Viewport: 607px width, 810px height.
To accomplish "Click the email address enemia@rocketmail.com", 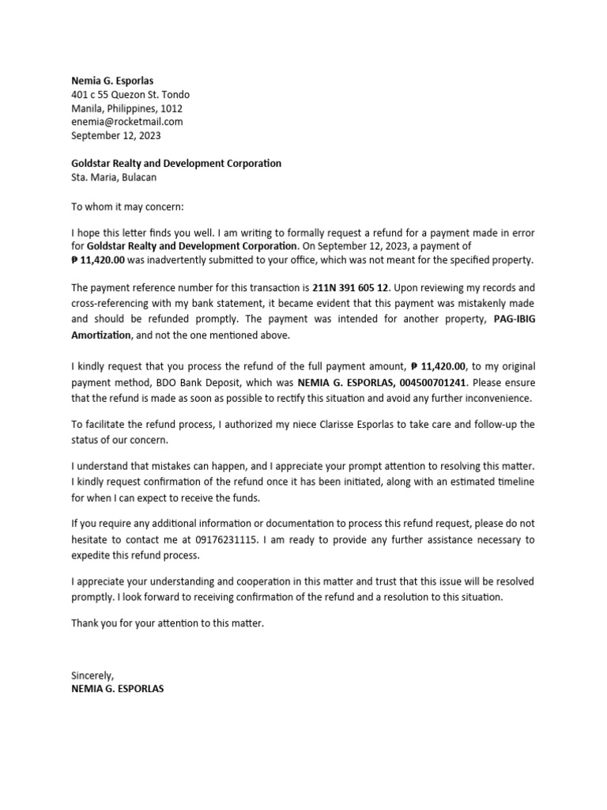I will [127, 122].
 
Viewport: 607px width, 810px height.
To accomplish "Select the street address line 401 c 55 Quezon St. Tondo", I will [130, 95].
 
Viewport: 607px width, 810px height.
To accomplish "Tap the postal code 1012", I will [172, 108].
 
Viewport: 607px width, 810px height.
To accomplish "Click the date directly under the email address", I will [115, 135].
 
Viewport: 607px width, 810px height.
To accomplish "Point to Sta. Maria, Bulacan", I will [114, 177].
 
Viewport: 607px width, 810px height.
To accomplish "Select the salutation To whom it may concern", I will [127, 206].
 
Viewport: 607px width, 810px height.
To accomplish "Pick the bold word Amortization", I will [100, 335].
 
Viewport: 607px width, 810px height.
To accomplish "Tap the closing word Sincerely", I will [92, 676].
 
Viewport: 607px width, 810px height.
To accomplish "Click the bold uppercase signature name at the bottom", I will [119, 689].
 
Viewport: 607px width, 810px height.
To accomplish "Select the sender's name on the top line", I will [112, 81].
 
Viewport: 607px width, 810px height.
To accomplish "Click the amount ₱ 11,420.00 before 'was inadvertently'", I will [99, 260].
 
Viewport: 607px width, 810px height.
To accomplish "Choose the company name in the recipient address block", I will [176, 163].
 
